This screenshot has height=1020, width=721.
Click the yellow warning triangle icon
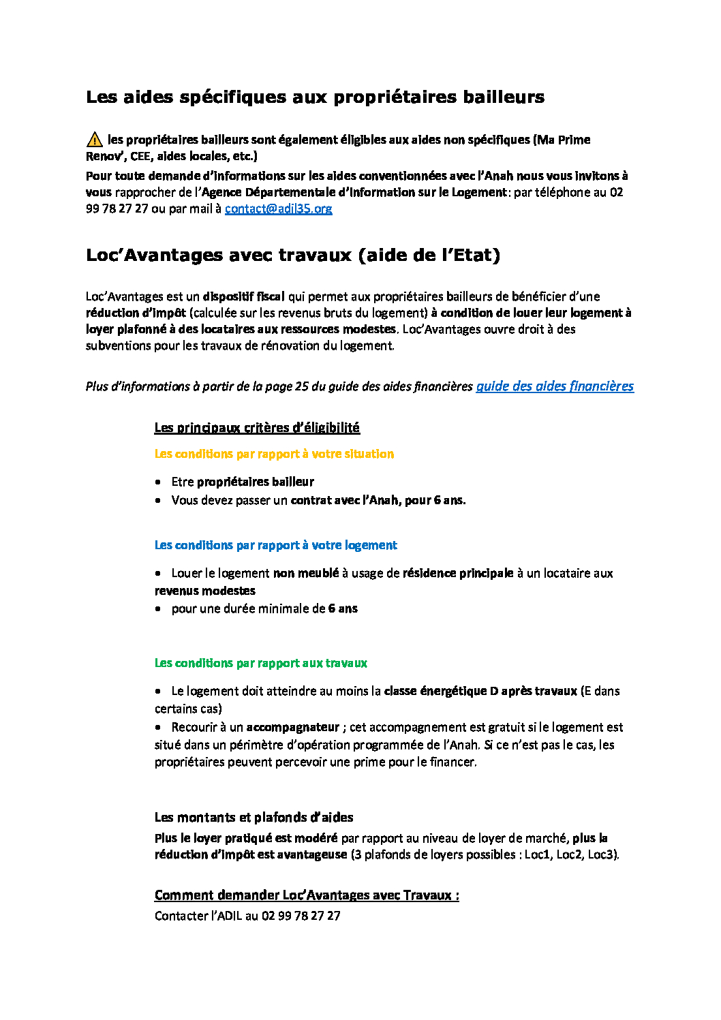tap(95, 140)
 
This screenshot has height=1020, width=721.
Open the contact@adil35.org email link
tap(278, 208)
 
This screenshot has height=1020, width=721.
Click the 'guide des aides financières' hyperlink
tap(554, 386)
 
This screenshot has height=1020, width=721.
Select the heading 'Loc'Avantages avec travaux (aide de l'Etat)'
tap(293, 255)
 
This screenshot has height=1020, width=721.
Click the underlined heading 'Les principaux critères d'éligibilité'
tap(257, 427)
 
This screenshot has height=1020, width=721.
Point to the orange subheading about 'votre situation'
tap(274, 454)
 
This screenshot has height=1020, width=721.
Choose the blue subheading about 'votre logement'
tap(275, 545)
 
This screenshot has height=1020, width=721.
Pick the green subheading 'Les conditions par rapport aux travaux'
tap(260, 663)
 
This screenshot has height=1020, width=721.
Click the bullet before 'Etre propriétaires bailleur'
tap(158, 482)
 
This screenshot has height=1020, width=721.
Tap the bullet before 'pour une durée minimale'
tap(158, 608)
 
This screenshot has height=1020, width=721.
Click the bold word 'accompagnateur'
tap(292, 727)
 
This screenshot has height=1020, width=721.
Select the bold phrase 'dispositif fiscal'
tap(243, 296)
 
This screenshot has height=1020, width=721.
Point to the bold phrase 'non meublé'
tap(305, 573)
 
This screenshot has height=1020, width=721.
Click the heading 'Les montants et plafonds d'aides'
tap(254, 817)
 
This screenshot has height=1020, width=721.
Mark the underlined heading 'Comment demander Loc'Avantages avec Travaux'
tap(306, 895)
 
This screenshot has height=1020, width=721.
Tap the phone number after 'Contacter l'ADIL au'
tap(301, 916)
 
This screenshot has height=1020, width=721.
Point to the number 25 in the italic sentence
tap(302, 386)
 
